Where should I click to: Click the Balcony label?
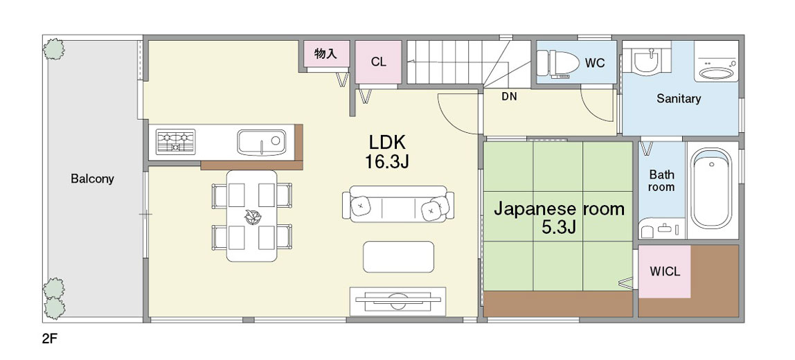click(92, 179)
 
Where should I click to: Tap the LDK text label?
click(387, 143)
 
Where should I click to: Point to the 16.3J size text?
click(387, 162)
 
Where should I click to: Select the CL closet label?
click(378, 62)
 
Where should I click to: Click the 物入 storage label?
click(325, 53)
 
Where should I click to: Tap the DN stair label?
click(509, 96)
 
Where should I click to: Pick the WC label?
click(595, 63)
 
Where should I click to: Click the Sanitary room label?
click(679, 98)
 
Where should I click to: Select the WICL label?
click(665, 271)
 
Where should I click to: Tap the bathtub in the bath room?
click(711, 188)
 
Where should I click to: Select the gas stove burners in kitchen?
click(175, 142)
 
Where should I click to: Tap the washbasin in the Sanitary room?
click(645, 61)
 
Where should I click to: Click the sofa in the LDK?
click(398, 204)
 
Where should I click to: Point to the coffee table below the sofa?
click(398, 257)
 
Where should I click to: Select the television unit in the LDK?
click(398, 301)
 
